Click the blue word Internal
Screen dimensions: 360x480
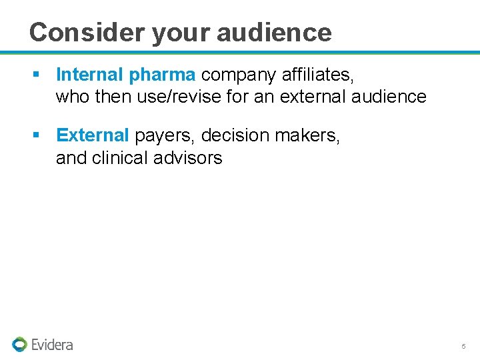[x=90, y=75]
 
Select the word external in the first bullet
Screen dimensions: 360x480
[x=314, y=97]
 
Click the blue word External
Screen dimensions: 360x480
[x=92, y=135]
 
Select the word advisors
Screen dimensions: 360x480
[x=191, y=157]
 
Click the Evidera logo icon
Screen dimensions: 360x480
[x=19, y=344]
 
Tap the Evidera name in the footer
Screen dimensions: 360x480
[x=52, y=345]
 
